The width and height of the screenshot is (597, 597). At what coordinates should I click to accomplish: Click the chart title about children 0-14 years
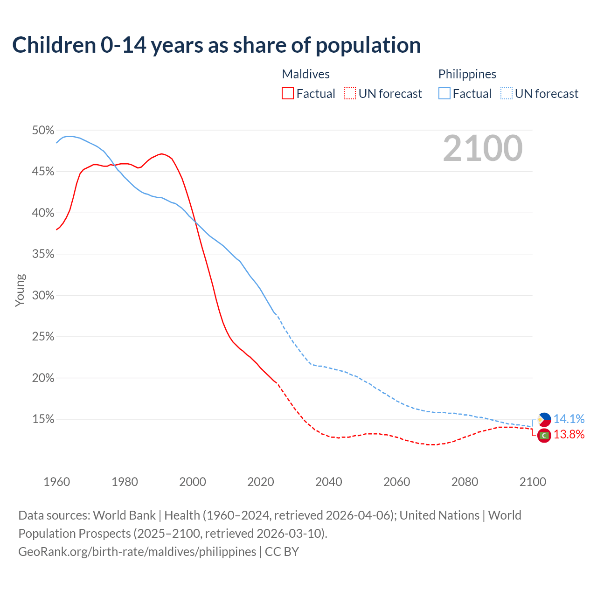pos(216,45)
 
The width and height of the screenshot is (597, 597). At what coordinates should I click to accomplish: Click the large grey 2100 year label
pos(483,148)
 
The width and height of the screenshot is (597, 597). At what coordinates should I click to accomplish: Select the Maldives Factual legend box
pos(288,94)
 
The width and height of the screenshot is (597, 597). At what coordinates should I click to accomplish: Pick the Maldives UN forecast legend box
pos(350,94)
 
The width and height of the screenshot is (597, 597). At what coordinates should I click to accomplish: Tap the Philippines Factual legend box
pos(444,94)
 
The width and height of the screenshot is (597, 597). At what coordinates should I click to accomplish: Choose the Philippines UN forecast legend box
pos(507,94)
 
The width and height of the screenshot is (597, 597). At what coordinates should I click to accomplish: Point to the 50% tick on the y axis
pos(43,131)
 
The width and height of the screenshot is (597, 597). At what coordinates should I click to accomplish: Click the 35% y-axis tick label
pos(43,254)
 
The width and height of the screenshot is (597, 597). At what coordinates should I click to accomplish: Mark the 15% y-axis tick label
pos(43,419)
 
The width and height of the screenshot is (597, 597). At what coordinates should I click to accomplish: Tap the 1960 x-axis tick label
pos(56,482)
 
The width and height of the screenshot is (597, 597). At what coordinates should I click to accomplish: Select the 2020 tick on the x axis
pos(261,482)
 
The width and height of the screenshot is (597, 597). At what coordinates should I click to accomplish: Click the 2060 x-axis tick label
pos(397,482)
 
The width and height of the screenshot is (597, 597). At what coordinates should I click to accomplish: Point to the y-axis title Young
pos(20,290)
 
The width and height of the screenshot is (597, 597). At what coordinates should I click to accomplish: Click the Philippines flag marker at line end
pos(544,420)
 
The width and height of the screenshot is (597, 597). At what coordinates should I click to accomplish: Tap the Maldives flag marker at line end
pos(544,435)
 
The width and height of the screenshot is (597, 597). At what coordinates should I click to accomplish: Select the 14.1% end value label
pos(569,419)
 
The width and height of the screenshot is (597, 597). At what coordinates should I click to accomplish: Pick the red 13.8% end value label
pos(569,435)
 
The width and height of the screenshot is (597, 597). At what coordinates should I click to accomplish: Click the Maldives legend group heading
pos(306,74)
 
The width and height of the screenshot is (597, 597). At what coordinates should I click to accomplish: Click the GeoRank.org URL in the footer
pos(137,552)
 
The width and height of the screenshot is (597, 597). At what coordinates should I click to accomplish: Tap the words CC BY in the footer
pos(282,552)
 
